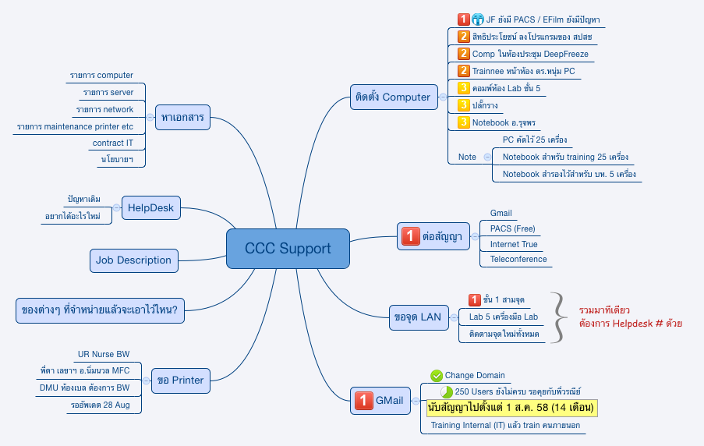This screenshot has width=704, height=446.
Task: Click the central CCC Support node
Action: click(x=288, y=249)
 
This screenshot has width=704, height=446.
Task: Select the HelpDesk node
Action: click(x=150, y=208)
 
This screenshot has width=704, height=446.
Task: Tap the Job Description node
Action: click(x=133, y=260)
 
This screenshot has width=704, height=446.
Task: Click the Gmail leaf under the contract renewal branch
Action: click(x=501, y=213)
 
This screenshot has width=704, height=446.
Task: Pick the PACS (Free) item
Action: click(x=512, y=228)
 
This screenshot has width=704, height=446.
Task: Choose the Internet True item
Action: click(x=513, y=244)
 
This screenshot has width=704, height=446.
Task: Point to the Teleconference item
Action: click(x=518, y=259)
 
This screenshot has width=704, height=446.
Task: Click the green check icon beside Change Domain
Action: click(x=437, y=375)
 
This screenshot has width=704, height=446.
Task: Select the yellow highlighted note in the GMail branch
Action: click(x=511, y=407)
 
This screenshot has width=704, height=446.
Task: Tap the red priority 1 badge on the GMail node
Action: click(x=363, y=401)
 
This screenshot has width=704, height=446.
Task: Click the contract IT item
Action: click(x=113, y=143)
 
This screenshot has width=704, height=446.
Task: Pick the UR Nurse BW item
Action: click(x=104, y=354)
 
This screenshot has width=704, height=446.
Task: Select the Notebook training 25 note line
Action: click(x=564, y=157)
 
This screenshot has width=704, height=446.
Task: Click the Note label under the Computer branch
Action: click(x=467, y=157)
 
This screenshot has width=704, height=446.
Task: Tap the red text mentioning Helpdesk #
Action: click(x=630, y=323)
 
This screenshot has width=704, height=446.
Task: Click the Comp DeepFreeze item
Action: click(x=530, y=54)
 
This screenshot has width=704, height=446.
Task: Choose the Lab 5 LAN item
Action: click(x=503, y=317)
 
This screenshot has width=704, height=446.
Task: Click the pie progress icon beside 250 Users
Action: click(x=447, y=391)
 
